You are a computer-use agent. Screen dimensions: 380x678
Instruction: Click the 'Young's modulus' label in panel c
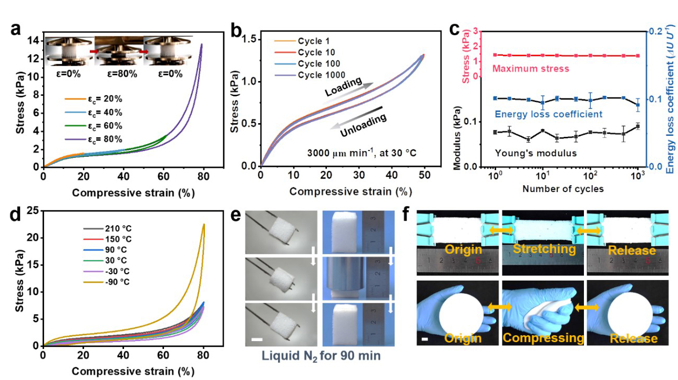(535, 153)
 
